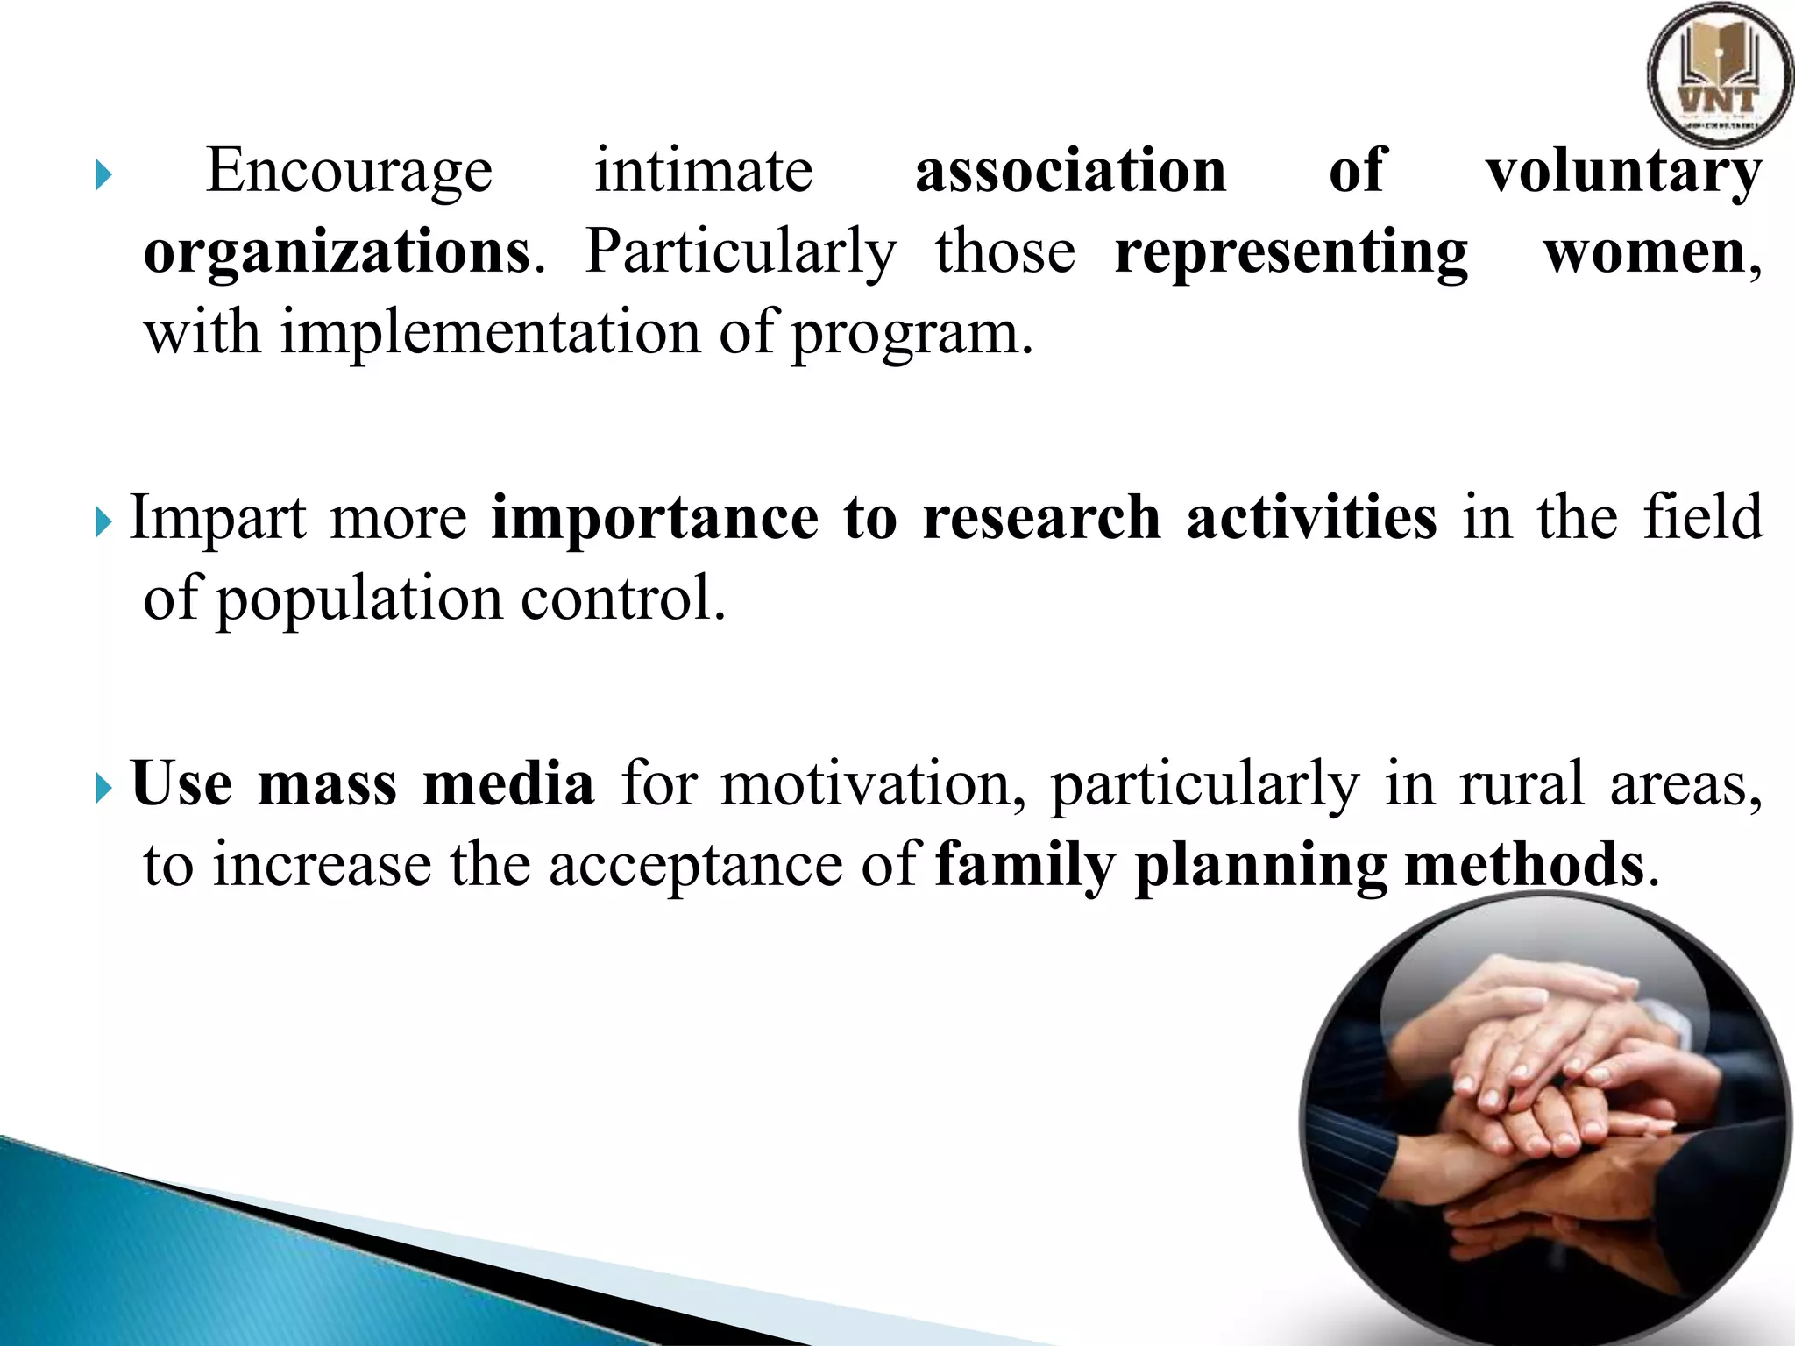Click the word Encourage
pos(349,172)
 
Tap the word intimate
pos(704,170)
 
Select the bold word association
pos(1070,170)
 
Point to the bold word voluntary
pos(1623,172)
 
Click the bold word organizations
pos(337,253)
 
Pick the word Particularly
pos(741,253)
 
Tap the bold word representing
pos(1291,253)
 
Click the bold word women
pos(1645,253)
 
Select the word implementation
pos(491,334)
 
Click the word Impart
pos(218,518)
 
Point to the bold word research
pos(1042,518)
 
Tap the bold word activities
pos(1311,518)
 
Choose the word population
pos(358,600)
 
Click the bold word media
pos(508,783)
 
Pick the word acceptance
pos(695,866)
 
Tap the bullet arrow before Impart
pos(103,524)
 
